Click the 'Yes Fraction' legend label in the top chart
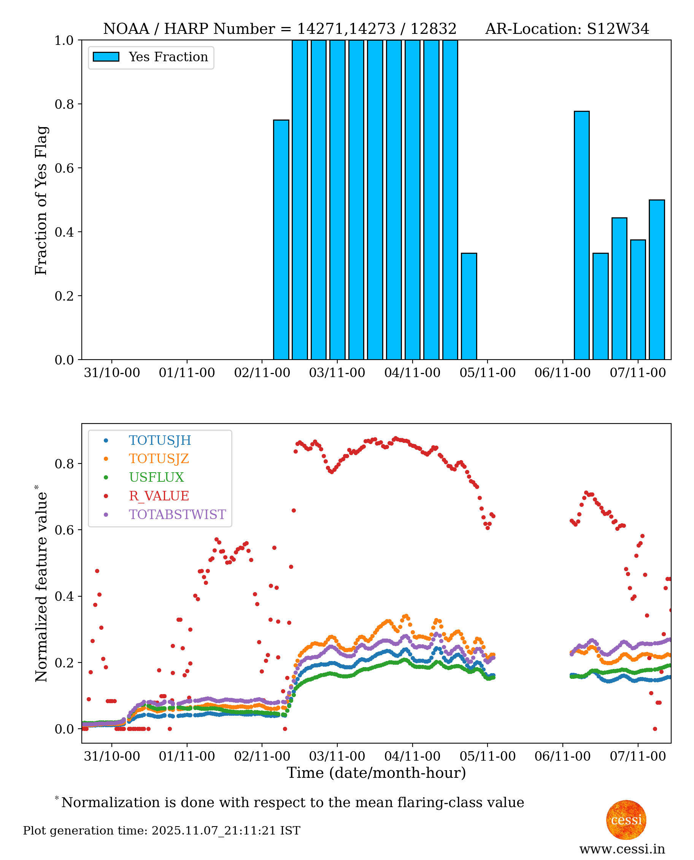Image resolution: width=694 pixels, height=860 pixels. click(168, 57)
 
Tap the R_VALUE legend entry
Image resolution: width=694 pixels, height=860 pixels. click(159, 496)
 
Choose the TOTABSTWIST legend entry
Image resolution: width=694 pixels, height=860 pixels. click(177, 514)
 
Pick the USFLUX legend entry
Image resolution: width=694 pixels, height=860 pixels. click(156, 477)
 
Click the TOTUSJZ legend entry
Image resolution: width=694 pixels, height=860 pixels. click(159, 459)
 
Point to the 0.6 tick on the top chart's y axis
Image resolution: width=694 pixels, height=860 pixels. click(64, 168)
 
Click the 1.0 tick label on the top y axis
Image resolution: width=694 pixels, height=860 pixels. click(64, 40)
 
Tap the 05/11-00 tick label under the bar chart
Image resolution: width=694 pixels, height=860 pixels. click(487, 373)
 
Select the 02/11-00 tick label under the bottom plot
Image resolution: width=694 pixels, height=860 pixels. click(262, 756)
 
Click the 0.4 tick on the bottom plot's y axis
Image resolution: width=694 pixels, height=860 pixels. click(64, 596)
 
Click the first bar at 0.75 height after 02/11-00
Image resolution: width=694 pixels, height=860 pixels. click(281, 240)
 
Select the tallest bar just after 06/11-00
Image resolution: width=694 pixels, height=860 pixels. click(582, 236)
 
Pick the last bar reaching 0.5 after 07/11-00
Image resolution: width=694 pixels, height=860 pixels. click(657, 280)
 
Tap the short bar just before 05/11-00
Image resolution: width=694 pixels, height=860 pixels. click(469, 306)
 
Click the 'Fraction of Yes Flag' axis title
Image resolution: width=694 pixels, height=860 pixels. click(41, 200)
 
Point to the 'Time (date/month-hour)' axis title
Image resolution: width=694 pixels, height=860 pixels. click(376, 773)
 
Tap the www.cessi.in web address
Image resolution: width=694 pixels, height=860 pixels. click(622, 849)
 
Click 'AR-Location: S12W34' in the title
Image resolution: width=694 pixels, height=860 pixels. click(567, 29)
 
